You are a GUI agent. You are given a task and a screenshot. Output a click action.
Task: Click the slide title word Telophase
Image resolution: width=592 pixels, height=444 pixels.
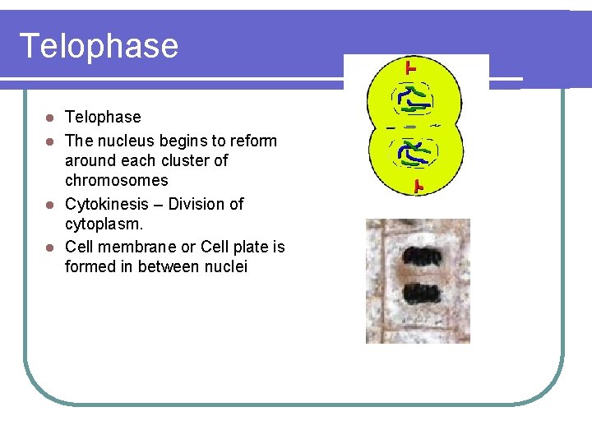click(x=98, y=46)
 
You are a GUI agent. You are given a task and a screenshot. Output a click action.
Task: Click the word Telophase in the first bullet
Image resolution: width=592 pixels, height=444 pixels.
click(x=103, y=118)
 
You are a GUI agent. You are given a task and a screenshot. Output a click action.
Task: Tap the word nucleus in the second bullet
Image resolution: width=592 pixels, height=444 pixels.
click(x=124, y=141)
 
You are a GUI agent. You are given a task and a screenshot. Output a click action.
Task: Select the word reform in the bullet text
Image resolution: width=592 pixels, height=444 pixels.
click(x=252, y=141)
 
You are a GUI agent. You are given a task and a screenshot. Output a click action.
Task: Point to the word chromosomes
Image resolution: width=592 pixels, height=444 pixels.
click(x=116, y=180)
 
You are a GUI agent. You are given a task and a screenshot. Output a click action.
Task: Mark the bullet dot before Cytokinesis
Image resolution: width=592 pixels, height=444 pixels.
click(x=50, y=204)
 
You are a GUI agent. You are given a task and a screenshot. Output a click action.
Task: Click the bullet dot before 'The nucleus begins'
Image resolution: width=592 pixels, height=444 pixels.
click(x=50, y=141)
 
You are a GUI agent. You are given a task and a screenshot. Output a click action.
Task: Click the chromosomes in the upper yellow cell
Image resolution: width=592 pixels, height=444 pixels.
click(x=413, y=99)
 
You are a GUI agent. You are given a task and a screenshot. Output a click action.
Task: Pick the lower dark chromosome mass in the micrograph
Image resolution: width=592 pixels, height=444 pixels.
click(x=421, y=291)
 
